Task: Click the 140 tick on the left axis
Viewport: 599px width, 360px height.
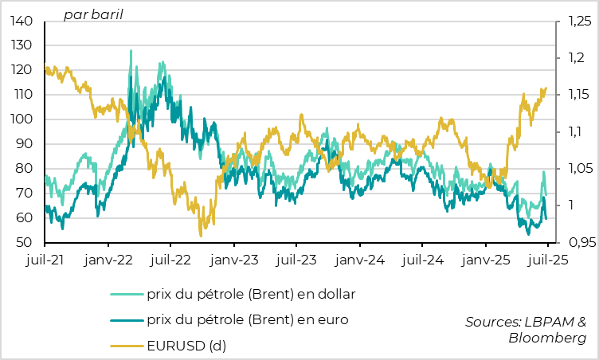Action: [22, 21]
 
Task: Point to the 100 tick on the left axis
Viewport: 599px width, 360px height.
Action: [22, 119]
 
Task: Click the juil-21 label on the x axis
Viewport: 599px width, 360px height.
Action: [45, 260]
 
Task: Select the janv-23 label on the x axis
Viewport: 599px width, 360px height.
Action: [234, 260]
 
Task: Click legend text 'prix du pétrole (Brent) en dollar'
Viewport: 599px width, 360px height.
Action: [251, 294]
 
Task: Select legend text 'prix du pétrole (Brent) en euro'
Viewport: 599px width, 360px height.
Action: [246, 320]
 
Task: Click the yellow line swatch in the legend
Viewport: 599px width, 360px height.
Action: [126, 346]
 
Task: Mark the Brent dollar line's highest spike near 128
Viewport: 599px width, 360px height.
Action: [131, 51]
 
